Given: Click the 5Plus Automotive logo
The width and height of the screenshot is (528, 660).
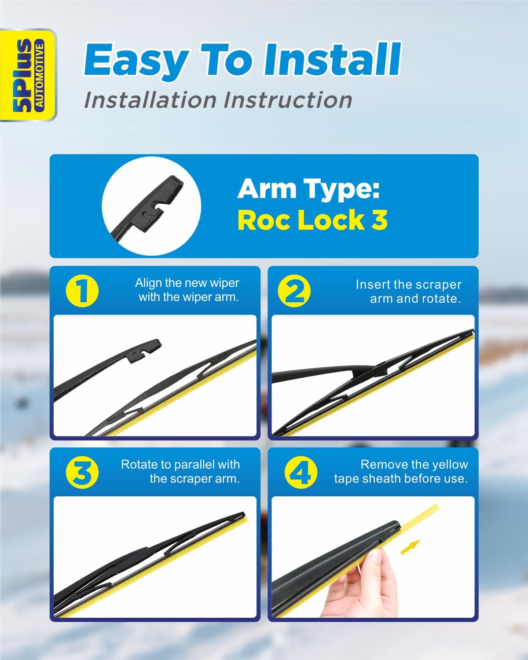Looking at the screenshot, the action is point(28,75).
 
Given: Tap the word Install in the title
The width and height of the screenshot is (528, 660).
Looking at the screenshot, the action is point(332,59).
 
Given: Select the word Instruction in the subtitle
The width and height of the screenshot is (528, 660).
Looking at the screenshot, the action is point(288,100).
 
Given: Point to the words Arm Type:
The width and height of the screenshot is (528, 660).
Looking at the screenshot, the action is point(308,189).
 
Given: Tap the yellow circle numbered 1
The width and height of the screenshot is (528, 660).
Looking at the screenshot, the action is point(82,291).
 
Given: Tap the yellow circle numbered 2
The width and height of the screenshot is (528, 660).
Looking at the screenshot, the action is point(294,291).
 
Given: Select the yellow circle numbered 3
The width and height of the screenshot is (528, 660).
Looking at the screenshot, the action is point(82,473).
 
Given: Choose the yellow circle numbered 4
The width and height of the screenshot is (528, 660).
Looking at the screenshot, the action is point(301,473).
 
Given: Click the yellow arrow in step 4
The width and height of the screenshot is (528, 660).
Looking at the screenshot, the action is point(410,547).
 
